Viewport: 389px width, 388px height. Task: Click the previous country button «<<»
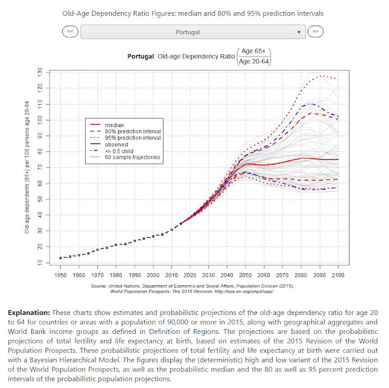coord(71,32)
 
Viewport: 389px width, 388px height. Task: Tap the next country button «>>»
coord(315,32)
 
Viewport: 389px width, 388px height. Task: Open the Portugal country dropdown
coord(193,32)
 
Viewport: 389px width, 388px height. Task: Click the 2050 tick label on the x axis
coord(245,275)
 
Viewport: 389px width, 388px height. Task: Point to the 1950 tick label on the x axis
coord(60,275)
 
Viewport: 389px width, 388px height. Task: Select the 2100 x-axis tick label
coord(338,275)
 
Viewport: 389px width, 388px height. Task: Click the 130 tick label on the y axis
coord(40,72)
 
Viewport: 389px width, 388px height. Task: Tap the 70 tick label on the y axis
coord(40,168)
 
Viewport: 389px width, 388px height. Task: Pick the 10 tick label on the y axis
coord(40,262)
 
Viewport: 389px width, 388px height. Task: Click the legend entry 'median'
coord(114,125)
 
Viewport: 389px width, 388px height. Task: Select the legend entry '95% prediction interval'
coord(133,138)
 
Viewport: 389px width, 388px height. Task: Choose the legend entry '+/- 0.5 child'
coord(119,151)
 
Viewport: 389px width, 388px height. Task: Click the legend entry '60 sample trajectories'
coord(133,157)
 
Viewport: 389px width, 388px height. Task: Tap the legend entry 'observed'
coord(116,145)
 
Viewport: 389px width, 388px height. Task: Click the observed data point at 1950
coord(60,258)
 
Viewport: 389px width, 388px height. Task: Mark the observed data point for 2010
coord(171,230)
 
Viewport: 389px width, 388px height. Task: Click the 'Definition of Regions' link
coord(184,331)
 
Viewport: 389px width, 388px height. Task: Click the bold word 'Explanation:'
coord(29,313)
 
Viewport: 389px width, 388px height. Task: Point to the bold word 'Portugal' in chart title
coord(140,57)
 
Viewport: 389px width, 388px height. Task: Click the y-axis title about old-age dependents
coord(27,167)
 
